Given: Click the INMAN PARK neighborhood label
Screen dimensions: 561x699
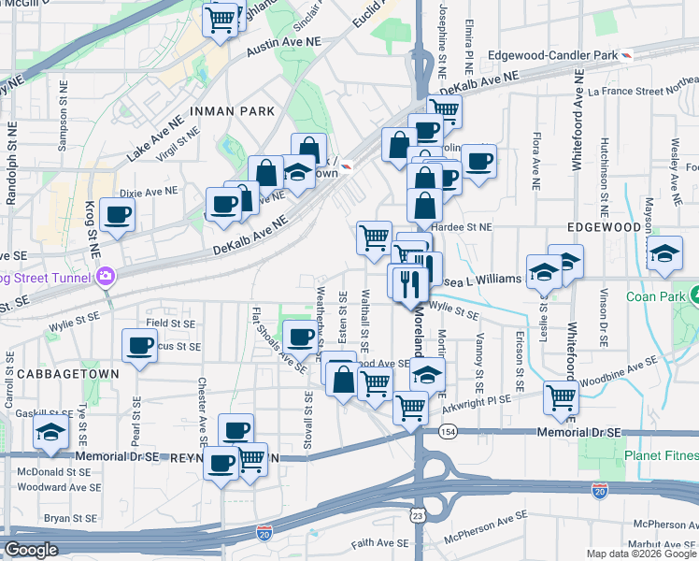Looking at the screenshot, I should tap(232, 111).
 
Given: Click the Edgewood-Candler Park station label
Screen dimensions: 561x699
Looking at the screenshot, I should tap(551, 56).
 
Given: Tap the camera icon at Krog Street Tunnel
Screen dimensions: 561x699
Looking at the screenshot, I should tap(107, 277).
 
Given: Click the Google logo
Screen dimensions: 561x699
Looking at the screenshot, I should tap(31, 550).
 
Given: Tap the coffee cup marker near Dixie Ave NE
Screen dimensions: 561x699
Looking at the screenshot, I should tap(118, 214).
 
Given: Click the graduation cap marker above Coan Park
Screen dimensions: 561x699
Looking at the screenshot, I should tap(663, 252).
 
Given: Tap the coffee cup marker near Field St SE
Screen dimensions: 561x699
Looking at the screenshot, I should tap(139, 345).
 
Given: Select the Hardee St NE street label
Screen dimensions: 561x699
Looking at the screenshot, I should tap(468, 227).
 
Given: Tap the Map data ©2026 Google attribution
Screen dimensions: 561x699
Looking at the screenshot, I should tap(640, 554).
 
